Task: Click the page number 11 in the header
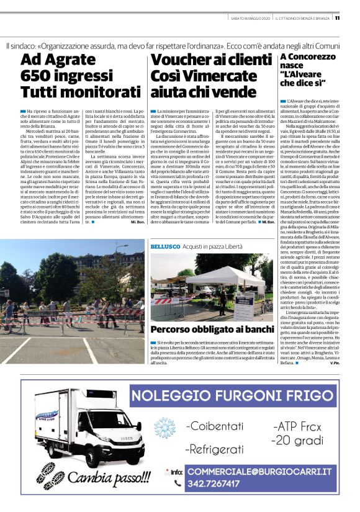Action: point(354,17)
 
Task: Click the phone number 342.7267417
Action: point(223,483)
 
